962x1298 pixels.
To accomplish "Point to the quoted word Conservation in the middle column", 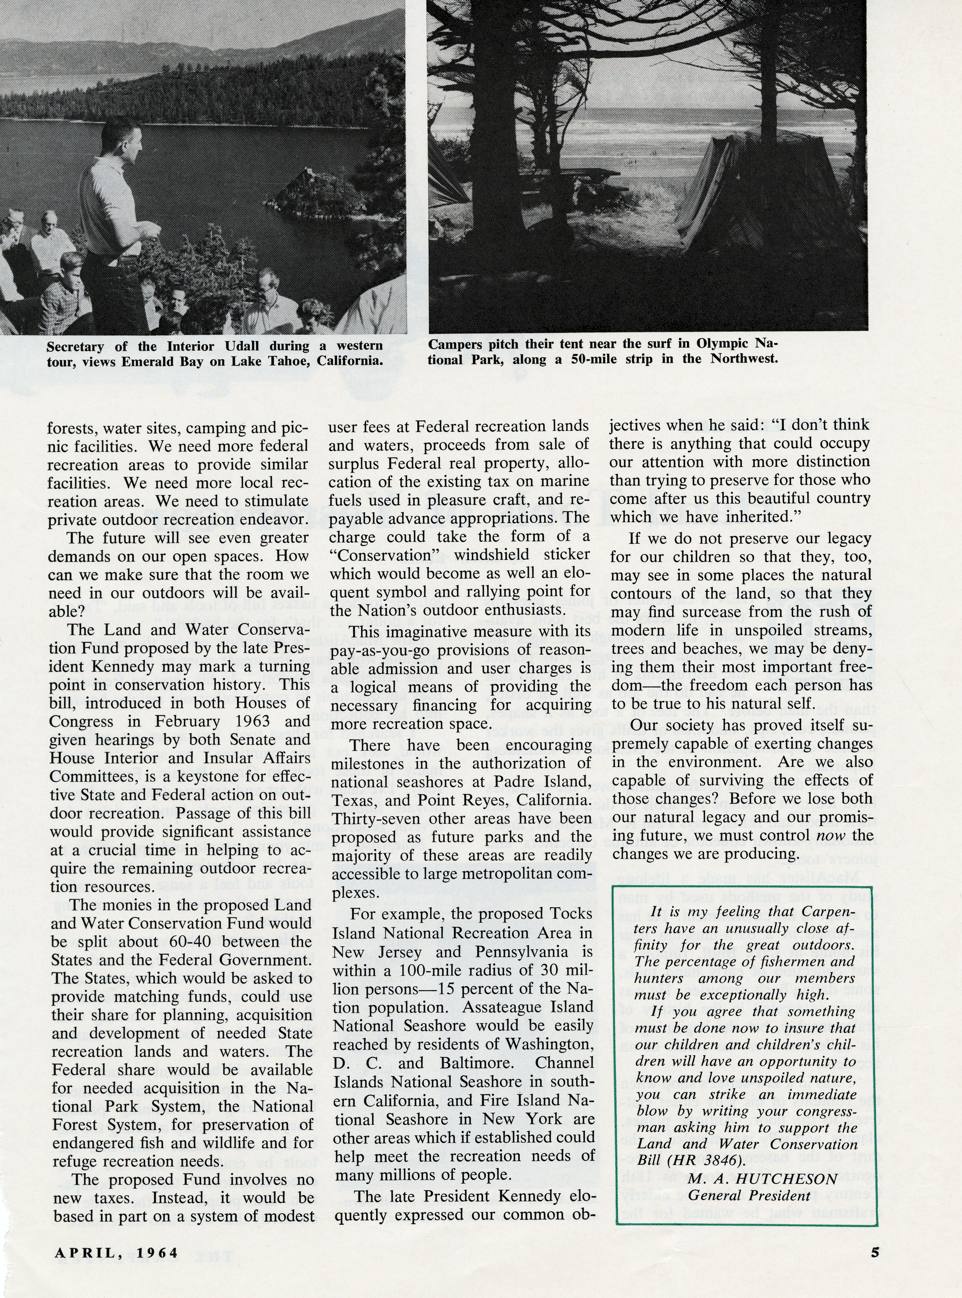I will (388, 555).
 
